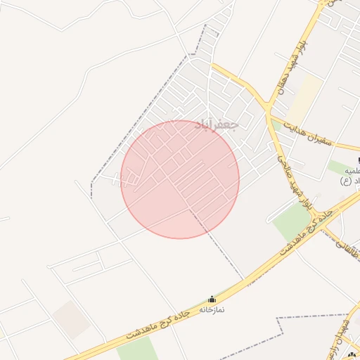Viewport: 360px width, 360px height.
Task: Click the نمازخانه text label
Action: [212, 309]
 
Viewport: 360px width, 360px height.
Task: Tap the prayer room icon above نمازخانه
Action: [212, 299]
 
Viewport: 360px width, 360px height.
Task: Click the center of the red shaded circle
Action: [180, 179]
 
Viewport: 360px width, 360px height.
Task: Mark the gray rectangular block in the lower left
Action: [72, 319]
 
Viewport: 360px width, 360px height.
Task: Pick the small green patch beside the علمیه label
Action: [337, 168]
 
